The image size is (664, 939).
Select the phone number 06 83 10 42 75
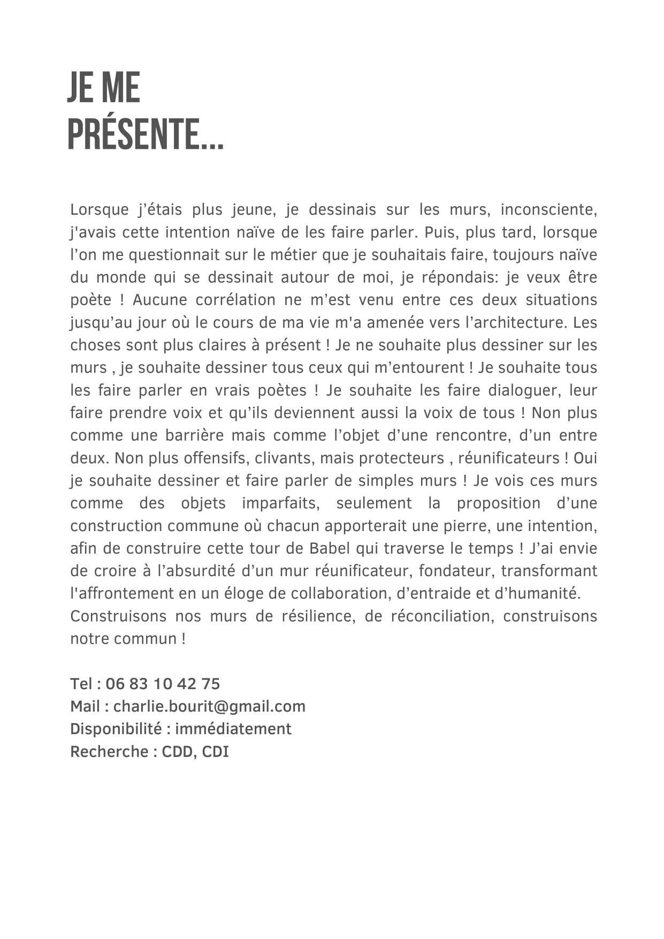pos(163,684)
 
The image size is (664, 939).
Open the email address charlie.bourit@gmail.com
pos(209,707)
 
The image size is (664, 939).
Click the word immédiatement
pos(233,729)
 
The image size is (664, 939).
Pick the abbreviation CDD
pos(178,752)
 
